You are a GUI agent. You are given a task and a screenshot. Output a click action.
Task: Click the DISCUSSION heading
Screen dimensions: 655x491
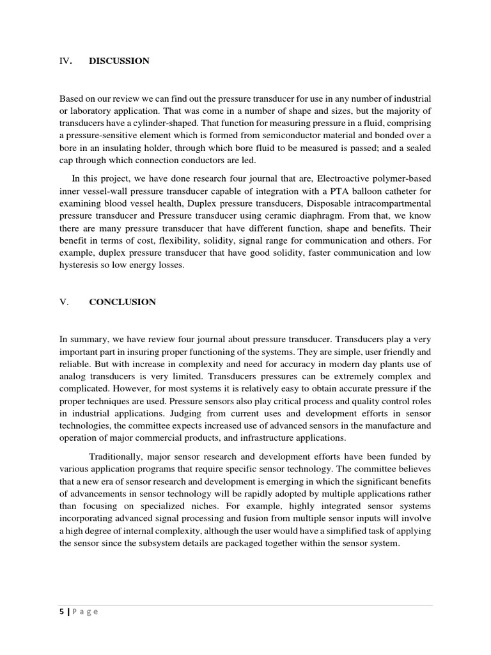(x=119, y=61)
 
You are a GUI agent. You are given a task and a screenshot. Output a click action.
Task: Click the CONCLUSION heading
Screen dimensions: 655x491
(x=122, y=302)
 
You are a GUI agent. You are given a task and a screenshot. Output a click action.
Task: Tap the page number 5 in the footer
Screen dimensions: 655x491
(x=62, y=612)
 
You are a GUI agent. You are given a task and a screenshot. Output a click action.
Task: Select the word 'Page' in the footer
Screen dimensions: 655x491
(x=85, y=612)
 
